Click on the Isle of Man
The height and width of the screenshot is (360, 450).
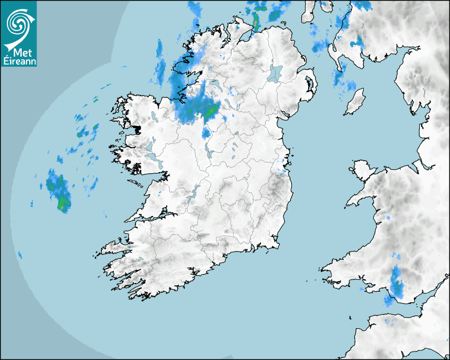point(355,101)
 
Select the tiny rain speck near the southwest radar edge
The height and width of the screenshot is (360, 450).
point(20,255)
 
